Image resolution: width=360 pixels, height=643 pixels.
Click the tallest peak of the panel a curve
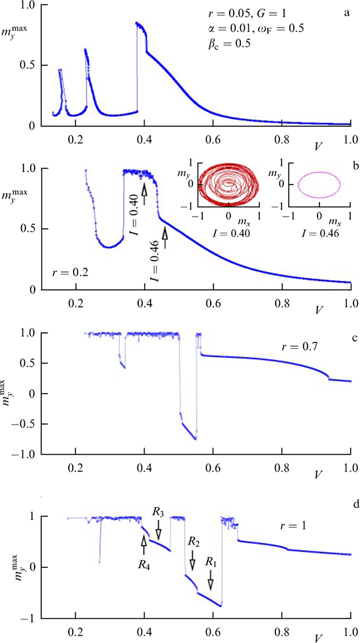pos(137,24)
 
